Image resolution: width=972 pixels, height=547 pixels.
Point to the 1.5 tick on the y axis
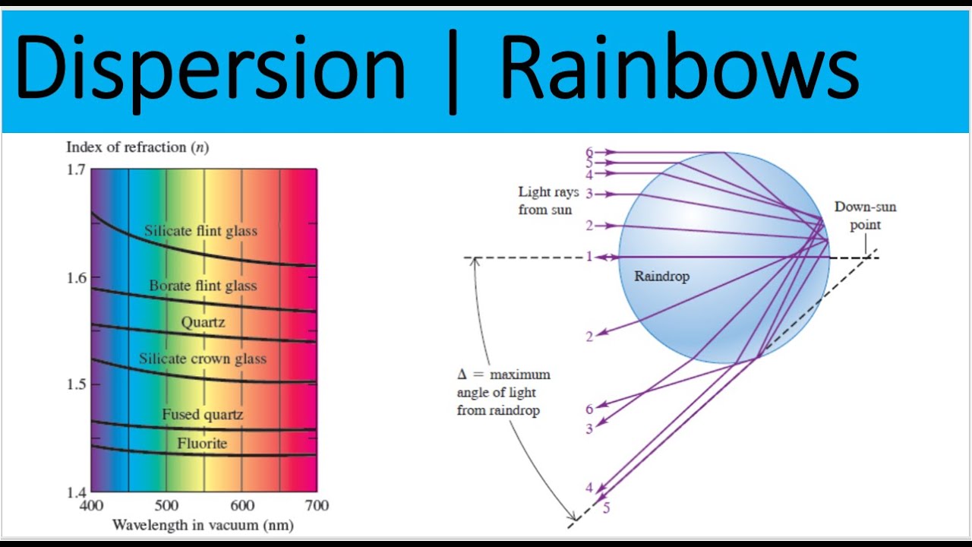click(x=76, y=384)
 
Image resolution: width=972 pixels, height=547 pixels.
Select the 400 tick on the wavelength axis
click(x=91, y=505)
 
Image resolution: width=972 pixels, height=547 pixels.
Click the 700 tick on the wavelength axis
click(x=316, y=505)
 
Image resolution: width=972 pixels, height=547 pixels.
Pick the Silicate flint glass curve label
click(x=201, y=230)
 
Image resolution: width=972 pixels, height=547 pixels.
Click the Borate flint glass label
click(x=203, y=286)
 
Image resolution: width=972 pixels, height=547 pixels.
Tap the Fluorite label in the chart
click(x=202, y=443)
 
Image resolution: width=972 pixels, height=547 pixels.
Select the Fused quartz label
click(x=202, y=414)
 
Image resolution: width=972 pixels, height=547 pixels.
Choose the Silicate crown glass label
click(x=203, y=359)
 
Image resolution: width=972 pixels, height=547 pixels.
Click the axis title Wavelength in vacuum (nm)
click(x=203, y=525)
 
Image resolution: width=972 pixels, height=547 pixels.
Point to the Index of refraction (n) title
click(x=137, y=147)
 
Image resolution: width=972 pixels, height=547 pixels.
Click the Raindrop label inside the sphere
click(x=661, y=277)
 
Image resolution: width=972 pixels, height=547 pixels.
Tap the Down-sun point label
click(x=865, y=216)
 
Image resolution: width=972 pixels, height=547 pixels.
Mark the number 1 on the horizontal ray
click(x=589, y=257)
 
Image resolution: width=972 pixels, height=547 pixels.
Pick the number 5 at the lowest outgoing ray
click(x=606, y=508)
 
